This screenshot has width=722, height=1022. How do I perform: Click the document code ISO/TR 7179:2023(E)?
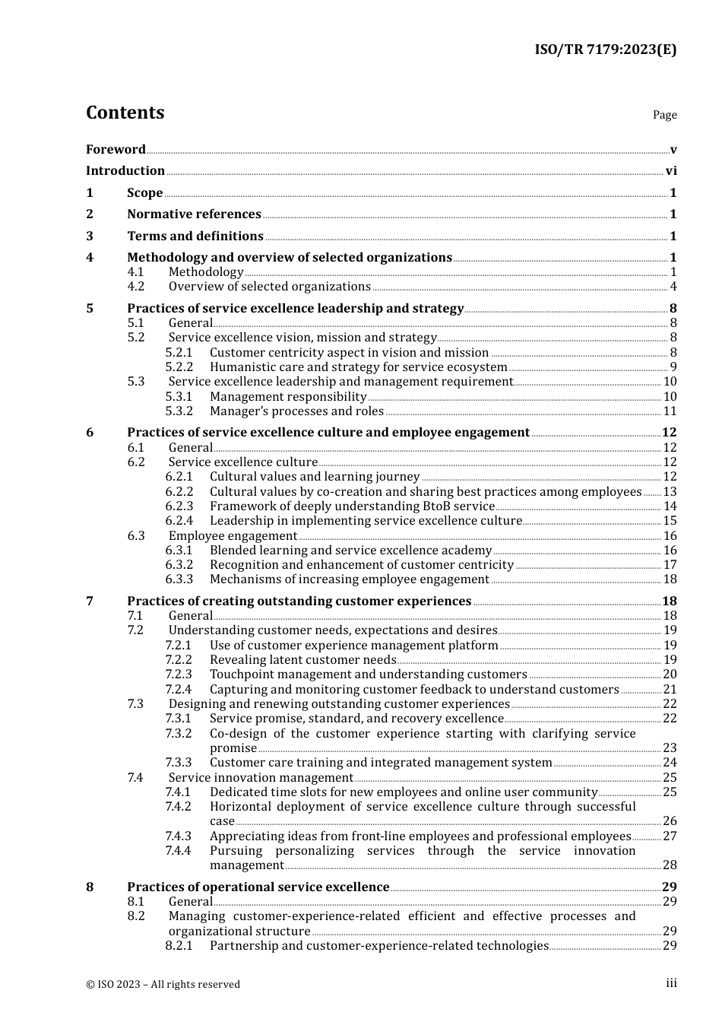tap(605, 49)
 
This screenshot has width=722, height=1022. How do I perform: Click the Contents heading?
tap(125, 113)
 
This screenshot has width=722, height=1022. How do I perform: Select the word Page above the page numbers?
tap(664, 115)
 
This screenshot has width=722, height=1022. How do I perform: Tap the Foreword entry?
tap(116, 149)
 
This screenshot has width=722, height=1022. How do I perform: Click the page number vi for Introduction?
tap(671, 171)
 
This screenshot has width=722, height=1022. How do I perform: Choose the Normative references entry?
tap(194, 214)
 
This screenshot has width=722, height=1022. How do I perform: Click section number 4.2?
tap(135, 287)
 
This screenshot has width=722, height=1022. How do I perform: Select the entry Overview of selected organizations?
tap(269, 287)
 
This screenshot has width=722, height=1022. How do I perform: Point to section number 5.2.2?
tap(179, 367)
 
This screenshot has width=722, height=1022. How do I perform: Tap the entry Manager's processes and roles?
tap(296, 411)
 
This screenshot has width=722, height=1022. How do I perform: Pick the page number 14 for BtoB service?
tap(670, 506)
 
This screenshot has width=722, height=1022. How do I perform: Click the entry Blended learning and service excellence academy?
tap(350, 551)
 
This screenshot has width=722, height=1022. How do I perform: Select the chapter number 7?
tap(90, 601)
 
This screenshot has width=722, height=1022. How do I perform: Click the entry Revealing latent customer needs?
tap(302, 660)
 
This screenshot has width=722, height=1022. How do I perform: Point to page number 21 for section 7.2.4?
tap(670, 690)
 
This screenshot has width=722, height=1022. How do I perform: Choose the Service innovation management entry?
tap(261, 778)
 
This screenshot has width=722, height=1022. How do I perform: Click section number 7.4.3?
tap(179, 836)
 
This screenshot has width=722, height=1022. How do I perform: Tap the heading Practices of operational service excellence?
tap(258, 887)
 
